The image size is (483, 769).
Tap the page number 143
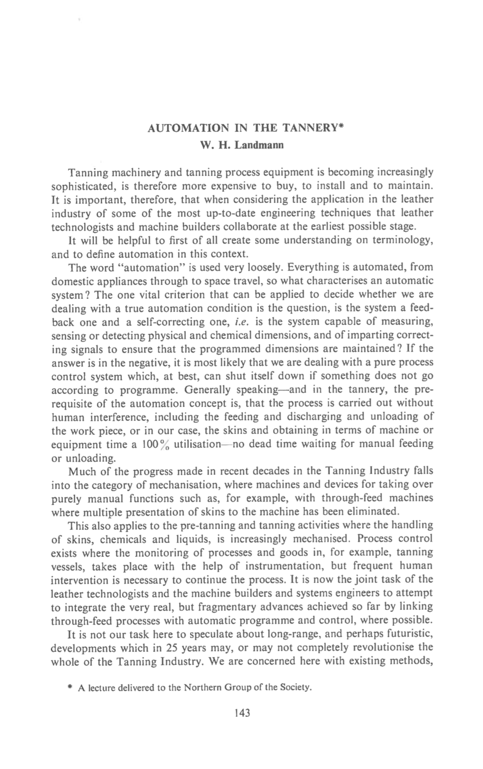(x=242, y=713)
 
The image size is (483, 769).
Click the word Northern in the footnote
(x=203, y=688)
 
